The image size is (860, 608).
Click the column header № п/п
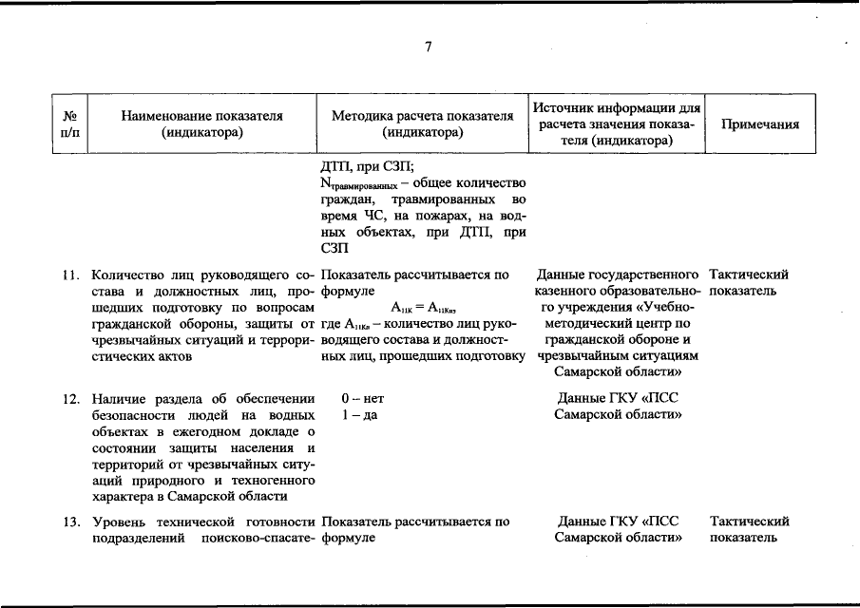(69, 124)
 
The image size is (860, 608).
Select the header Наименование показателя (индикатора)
(202, 124)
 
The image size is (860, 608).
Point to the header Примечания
(760, 124)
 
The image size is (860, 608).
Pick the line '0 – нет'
(363, 399)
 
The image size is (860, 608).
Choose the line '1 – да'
(359, 415)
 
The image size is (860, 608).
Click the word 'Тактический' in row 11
(749, 275)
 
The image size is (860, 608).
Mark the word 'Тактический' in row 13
(749, 522)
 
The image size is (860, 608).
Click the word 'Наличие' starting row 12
(118, 399)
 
